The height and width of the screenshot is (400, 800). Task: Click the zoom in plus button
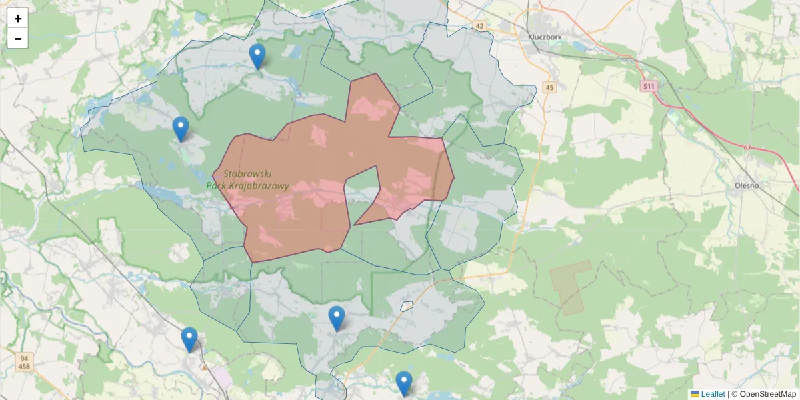pos(18,19)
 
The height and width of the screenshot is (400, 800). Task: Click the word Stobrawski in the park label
pos(247,173)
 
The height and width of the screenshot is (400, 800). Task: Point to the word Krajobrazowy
pos(257,186)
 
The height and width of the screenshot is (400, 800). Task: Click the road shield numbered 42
pos(480,26)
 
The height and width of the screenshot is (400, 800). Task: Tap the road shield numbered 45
pos(549,87)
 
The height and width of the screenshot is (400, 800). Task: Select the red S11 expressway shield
pos(649,86)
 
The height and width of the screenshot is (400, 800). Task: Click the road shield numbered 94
pos(23,358)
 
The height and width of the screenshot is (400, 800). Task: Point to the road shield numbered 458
pos(23,366)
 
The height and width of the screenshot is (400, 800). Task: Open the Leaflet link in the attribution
pos(712,394)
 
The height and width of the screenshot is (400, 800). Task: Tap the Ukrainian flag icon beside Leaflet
pos(695,394)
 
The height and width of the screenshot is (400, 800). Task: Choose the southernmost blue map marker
pos(403,384)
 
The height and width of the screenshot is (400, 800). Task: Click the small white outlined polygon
pos(407,306)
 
